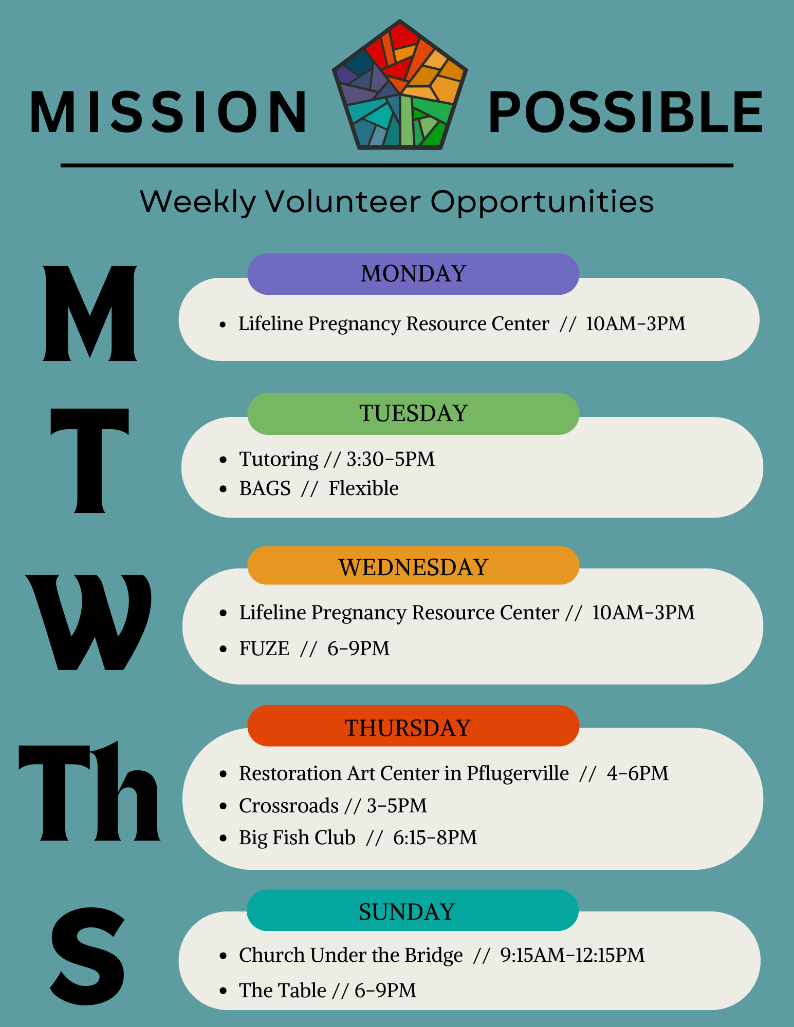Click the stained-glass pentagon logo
400,85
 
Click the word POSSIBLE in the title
625,112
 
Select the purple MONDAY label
413,274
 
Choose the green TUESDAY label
413,414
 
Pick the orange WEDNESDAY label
413,566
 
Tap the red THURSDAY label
413,726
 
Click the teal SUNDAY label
413,910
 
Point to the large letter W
89,622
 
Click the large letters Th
89,791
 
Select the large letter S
88,956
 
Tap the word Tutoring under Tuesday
279,460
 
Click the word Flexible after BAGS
363,488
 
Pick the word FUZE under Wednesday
264,649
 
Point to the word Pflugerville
518,774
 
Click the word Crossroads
289,806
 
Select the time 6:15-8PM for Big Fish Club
435,838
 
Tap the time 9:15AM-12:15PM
573,955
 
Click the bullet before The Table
223,991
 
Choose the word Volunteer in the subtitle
343,201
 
